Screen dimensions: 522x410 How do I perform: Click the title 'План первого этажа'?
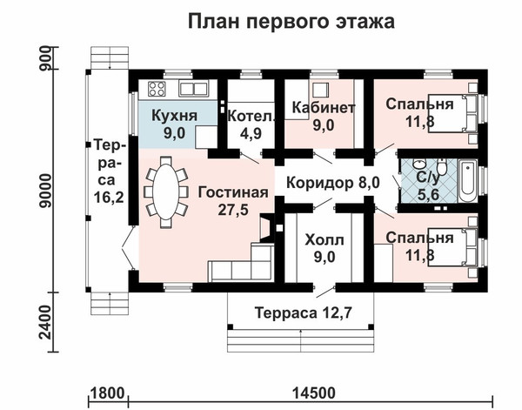pos(291,21)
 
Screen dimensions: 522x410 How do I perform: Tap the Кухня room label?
pos(175,116)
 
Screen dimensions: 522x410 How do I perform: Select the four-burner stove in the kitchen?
pos(157,89)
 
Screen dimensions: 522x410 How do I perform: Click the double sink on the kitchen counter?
pos(194,89)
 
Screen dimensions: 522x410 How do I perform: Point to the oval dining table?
pos(166,192)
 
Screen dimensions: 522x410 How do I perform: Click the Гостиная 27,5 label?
pos(233,201)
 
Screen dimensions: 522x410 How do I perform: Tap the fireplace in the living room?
pos(267,228)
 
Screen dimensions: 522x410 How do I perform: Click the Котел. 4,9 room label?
pos(251,124)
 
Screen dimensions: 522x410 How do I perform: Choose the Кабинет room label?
pos(324,107)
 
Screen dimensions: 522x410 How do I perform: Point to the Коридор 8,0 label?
pos(333,183)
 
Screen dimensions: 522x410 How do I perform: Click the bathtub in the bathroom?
pos(467,180)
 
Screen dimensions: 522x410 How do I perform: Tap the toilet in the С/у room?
pos(442,167)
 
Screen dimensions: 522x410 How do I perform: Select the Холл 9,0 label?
pos(325,248)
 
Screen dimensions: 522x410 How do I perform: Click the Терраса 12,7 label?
pos(303,313)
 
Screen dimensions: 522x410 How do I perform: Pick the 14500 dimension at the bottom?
pos(314,393)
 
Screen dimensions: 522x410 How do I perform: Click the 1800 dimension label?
pos(107,393)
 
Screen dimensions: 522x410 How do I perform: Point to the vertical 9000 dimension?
pos(45,191)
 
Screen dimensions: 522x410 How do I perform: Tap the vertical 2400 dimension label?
pos(45,322)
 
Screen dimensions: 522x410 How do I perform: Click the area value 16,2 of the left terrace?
pos(109,197)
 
